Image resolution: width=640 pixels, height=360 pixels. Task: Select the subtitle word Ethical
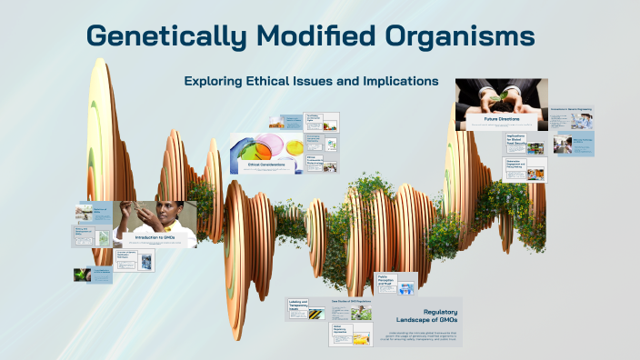click(275, 81)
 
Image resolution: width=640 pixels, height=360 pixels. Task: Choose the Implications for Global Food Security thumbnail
click(525, 143)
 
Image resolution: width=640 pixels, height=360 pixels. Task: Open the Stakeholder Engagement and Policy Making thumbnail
click(525, 168)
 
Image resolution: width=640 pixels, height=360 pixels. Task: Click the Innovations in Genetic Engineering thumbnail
click(571, 118)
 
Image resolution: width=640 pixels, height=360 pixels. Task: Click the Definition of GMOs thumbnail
click(94, 212)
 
